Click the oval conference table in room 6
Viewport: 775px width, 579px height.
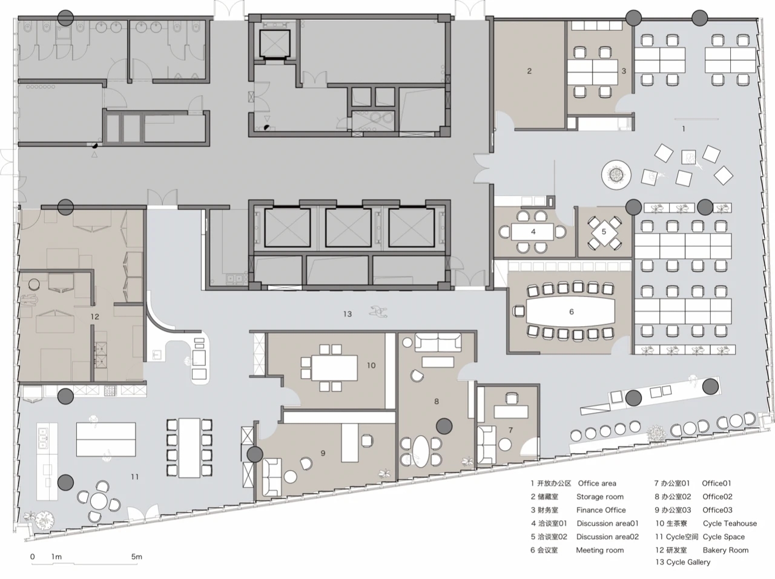coord(570,312)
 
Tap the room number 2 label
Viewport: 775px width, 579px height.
coord(529,71)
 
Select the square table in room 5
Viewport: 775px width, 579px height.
coord(604,232)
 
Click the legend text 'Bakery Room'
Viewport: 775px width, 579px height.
coord(725,550)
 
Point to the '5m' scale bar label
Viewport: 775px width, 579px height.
coord(137,557)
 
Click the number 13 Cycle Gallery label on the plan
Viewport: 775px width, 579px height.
coord(348,313)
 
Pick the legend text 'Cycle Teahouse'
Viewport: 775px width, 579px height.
coord(730,523)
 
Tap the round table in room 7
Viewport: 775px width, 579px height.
coord(505,445)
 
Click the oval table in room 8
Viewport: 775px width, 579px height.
coord(421,451)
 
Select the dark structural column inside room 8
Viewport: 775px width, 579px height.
coord(444,426)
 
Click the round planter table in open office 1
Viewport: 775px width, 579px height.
coord(616,174)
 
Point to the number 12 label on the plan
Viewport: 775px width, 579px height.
coord(94,317)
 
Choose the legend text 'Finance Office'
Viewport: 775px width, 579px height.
coord(601,510)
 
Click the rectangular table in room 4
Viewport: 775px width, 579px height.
coord(532,232)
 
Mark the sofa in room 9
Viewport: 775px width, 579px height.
coord(272,477)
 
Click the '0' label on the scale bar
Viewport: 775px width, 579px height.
coord(33,557)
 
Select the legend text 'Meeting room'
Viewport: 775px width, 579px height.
coord(600,550)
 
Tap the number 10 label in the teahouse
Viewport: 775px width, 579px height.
coord(371,365)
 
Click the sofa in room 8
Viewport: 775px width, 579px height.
coord(438,342)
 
